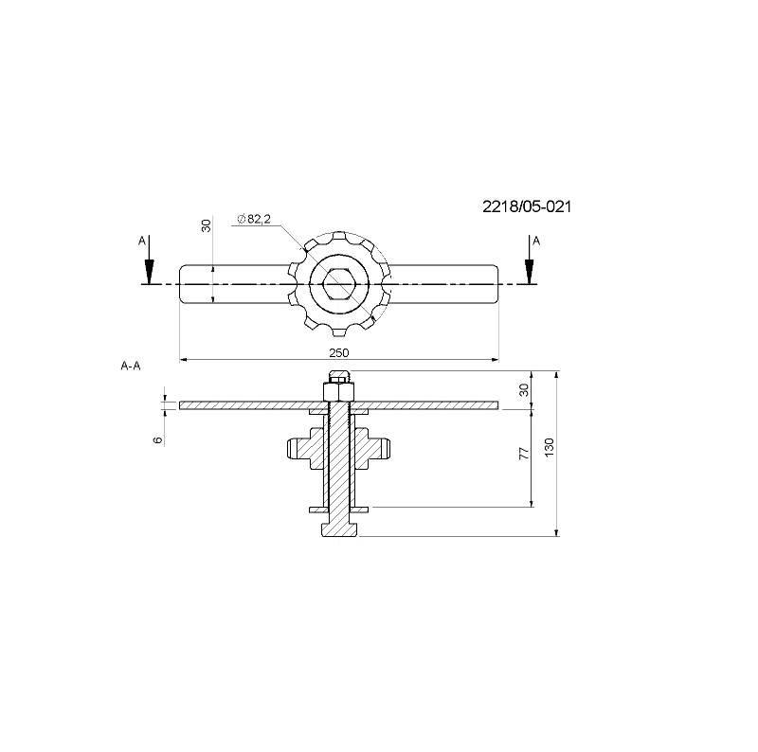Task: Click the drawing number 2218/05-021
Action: pyautogui.click(x=527, y=206)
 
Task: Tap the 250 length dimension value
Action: pyautogui.click(x=339, y=353)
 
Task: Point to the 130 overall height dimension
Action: pyautogui.click(x=549, y=448)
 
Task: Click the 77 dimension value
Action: pyautogui.click(x=524, y=454)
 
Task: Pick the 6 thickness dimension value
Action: pyautogui.click(x=157, y=439)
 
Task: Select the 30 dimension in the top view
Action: pyautogui.click(x=207, y=225)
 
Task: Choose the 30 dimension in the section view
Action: pyautogui.click(x=524, y=389)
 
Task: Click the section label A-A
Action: pyautogui.click(x=131, y=366)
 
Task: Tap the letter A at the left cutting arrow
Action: pyautogui.click(x=141, y=241)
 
